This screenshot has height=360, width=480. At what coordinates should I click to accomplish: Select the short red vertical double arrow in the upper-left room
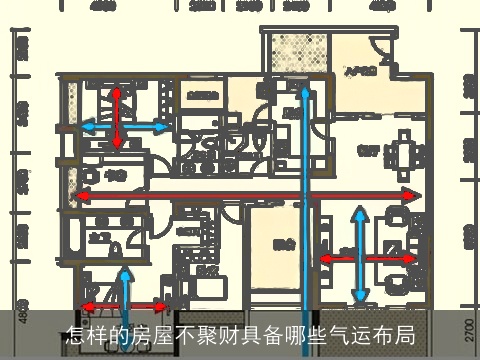click(x=118, y=118)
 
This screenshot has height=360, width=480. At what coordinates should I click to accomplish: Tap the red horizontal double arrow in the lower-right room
click(x=367, y=258)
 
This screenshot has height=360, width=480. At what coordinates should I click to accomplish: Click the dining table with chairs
click(x=405, y=153)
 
